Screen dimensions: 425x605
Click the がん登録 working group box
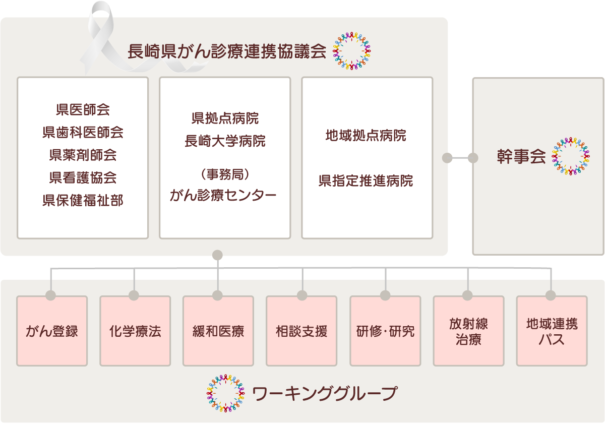[52, 331]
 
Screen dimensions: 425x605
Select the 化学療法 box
[135, 331]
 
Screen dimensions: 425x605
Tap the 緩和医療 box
[218, 331]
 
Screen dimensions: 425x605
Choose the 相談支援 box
[301, 331]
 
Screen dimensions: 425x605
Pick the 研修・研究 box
[385, 331]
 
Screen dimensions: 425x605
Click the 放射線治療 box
[468, 331]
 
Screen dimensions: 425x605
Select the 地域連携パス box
[552, 331]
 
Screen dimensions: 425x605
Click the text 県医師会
[83, 109]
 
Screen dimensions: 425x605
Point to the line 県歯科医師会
[83, 133]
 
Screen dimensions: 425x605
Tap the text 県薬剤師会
[83, 155]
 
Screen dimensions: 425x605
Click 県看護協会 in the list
[83, 178]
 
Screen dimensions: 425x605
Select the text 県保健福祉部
[83, 201]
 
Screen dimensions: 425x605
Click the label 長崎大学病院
[225, 142]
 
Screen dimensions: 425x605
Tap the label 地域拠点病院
[366, 136]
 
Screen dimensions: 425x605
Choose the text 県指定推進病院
[366, 180]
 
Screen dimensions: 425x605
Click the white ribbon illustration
[103, 38]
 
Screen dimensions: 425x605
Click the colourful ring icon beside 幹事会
[571, 157]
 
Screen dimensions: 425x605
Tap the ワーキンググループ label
[324, 393]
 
